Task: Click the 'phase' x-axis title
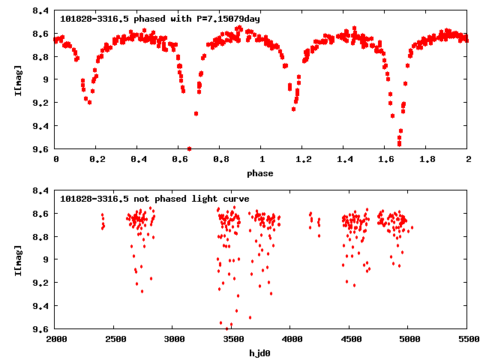click(262, 173)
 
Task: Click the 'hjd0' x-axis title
click(262, 353)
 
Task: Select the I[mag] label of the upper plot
click(17, 79)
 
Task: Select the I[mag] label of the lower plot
click(17, 259)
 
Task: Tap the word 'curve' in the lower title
click(236, 198)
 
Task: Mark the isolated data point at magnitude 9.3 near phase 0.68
click(196, 113)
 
